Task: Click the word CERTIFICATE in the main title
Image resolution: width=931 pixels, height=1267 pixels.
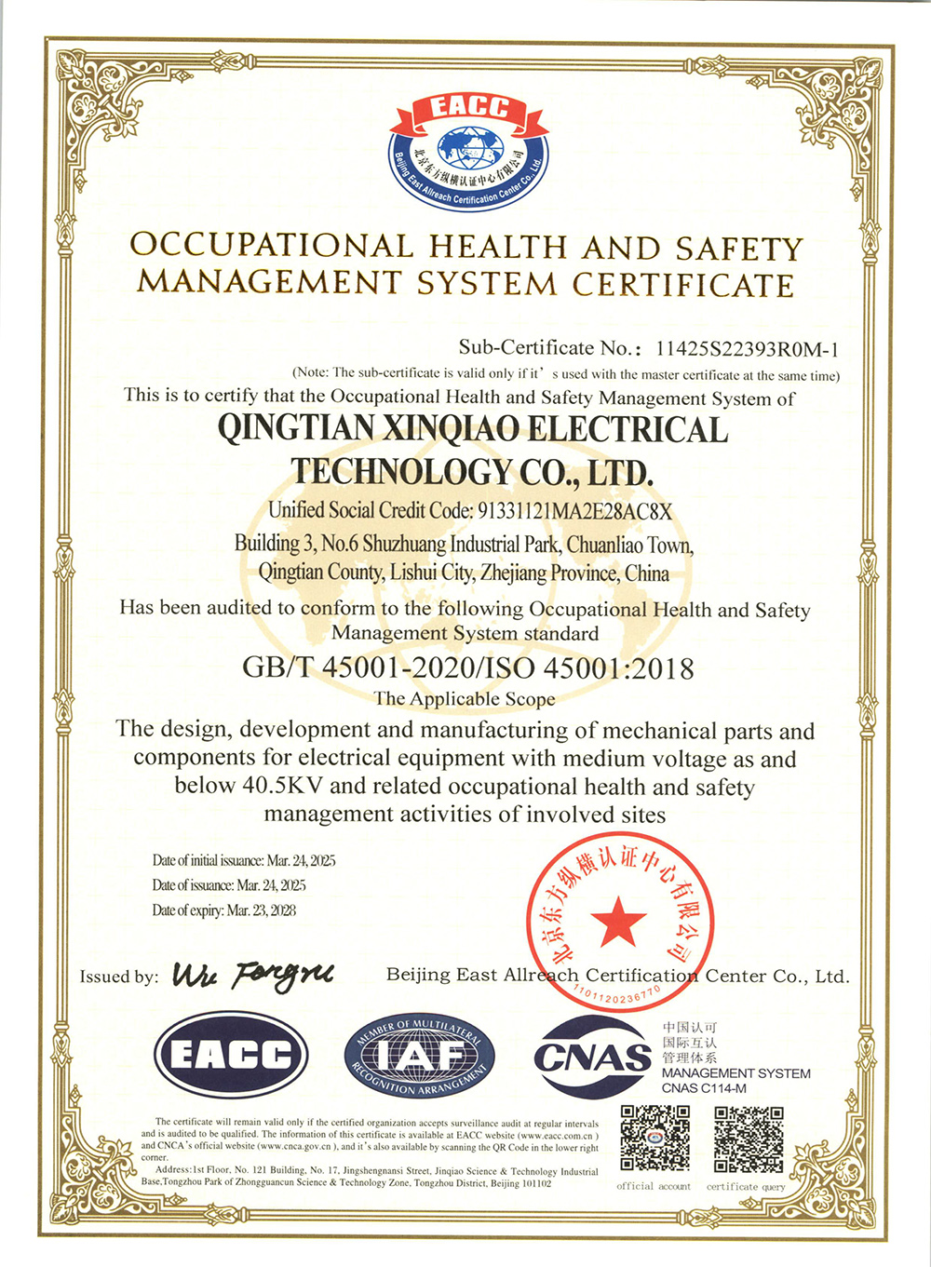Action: click(x=683, y=284)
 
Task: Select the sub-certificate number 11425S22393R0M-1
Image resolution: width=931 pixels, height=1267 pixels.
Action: click(x=747, y=349)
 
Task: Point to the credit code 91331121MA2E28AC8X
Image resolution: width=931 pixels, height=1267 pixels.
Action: click(x=573, y=511)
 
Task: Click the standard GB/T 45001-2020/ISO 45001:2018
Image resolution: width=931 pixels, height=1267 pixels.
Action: click(x=467, y=668)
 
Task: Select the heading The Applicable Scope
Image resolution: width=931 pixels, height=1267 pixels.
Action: click(x=464, y=699)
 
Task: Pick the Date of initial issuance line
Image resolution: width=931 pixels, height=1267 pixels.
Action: click(x=244, y=861)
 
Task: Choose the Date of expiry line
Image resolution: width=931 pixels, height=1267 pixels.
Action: click(x=223, y=910)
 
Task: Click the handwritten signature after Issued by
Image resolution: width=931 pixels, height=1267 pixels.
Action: click(x=252, y=975)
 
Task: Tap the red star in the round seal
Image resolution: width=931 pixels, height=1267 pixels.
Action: click(x=618, y=923)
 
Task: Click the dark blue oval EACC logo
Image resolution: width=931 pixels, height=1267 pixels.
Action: click(x=231, y=1055)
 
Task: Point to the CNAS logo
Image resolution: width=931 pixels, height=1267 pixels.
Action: click(x=592, y=1058)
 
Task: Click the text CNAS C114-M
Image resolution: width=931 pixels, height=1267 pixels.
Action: click(x=704, y=1088)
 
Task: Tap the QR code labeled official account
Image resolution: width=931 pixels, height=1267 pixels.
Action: click(x=655, y=1139)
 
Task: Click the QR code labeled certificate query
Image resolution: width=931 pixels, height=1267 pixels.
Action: click(x=748, y=1139)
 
